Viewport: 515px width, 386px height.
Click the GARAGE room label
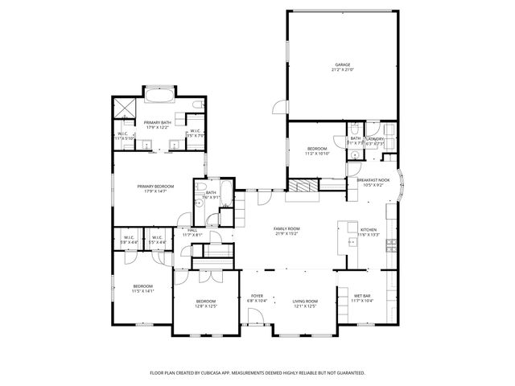coord(342,64)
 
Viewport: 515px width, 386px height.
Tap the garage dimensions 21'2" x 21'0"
coord(342,70)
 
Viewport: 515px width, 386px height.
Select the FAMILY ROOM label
coord(286,229)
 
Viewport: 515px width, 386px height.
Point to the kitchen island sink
coord(352,240)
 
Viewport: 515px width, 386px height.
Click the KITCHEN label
coord(368,229)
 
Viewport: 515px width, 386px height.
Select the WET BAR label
coord(362,296)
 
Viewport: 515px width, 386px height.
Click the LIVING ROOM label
coord(305,301)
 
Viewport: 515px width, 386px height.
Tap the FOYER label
coord(257,296)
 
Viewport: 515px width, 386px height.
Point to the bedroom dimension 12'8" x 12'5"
coord(206,306)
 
